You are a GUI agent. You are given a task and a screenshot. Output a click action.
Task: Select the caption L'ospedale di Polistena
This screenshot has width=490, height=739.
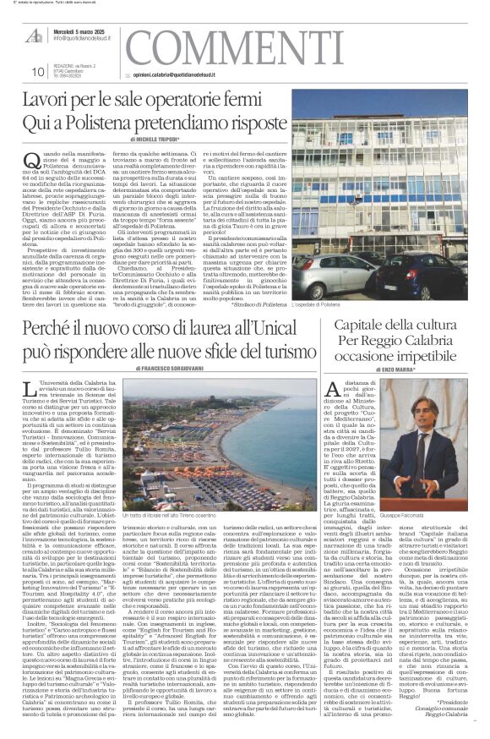click(x=340, y=304)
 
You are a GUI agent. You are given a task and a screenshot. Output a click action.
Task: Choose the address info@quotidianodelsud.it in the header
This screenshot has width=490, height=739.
click(x=85, y=38)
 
